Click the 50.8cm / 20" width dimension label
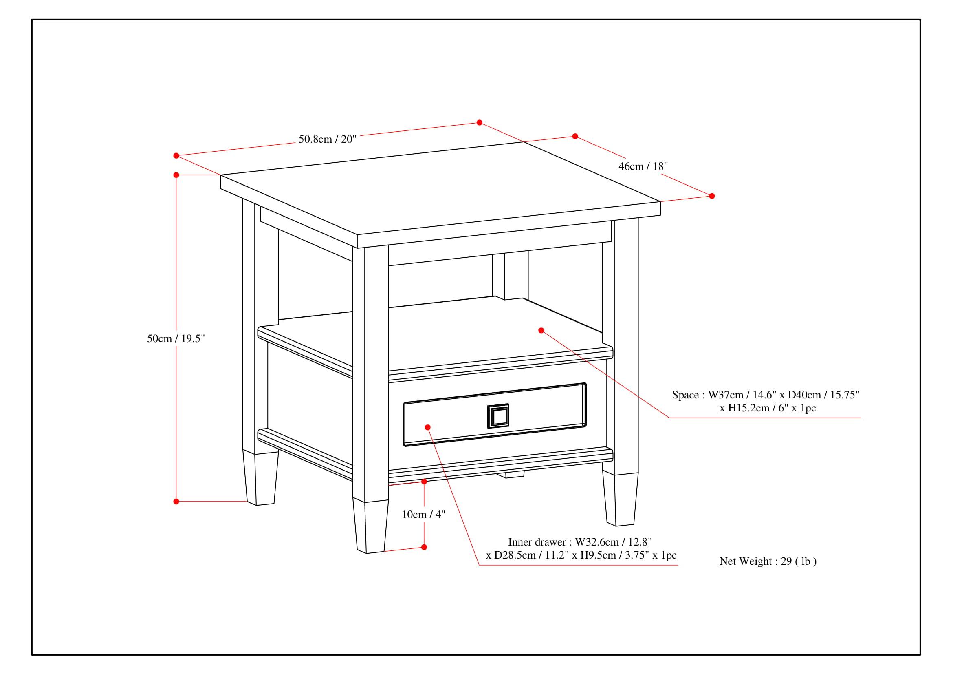tap(328, 139)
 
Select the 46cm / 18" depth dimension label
tap(643, 166)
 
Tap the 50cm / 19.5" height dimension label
tap(176, 338)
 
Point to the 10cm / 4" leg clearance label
tap(423, 515)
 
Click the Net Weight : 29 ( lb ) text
tap(768, 561)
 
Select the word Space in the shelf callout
tap(685, 395)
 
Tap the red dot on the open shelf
tap(541, 331)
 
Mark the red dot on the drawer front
tap(427, 427)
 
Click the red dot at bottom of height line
tap(176, 502)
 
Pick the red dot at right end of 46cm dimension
tap(712, 196)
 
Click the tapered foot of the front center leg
tap(370, 526)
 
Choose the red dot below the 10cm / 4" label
tap(424, 547)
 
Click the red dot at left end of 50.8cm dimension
tap(176, 156)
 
